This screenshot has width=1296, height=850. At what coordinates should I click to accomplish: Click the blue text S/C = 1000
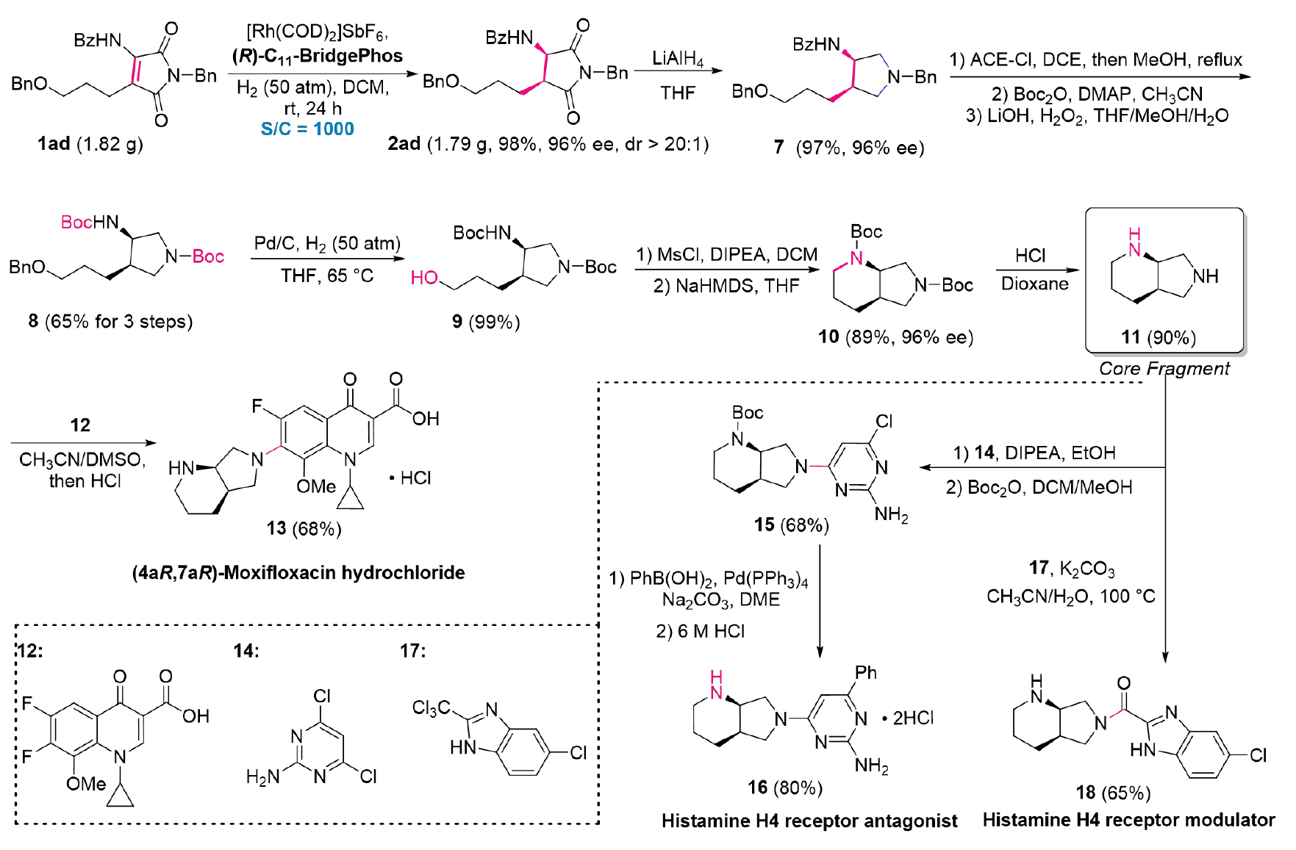pyautogui.click(x=307, y=129)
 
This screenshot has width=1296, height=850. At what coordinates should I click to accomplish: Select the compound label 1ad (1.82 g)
pyautogui.click(x=90, y=144)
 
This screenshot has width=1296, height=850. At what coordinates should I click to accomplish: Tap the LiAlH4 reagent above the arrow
pyautogui.click(x=677, y=59)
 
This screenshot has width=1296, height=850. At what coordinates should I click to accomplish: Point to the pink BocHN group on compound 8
pyautogui.click(x=90, y=222)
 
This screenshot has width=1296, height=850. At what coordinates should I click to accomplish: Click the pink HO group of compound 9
pyautogui.click(x=424, y=278)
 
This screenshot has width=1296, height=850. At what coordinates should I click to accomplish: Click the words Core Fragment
pyautogui.click(x=1164, y=369)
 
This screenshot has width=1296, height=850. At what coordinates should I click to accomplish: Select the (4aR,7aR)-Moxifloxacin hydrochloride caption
pyautogui.click(x=298, y=572)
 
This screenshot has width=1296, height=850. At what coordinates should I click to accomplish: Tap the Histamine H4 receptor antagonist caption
pyautogui.click(x=809, y=821)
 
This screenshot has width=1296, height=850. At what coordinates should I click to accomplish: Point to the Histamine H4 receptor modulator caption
pyautogui.click(x=1128, y=820)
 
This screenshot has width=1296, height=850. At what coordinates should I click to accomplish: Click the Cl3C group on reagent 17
pyautogui.click(x=431, y=708)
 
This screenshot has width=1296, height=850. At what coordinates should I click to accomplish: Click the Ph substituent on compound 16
pyautogui.click(x=866, y=672)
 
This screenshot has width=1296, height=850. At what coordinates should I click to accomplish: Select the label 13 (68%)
pyautogui.click(x=304, y=529)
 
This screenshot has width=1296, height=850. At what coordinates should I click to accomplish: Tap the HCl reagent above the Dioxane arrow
pyautogui.click(x=1030, y=256)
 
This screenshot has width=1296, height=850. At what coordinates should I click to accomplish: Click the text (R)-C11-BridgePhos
pyautogui.click(x=318, y=56)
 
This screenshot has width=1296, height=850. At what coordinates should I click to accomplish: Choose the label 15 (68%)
pyautogui.click(x=791, y=525)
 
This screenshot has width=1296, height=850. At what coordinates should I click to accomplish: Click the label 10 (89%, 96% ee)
pyautogui.click(x=895, y=337)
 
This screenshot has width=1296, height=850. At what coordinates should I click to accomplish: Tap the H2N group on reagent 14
pyautogui.click(x=262, y=777)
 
